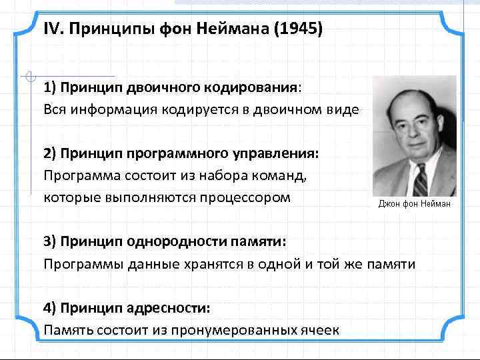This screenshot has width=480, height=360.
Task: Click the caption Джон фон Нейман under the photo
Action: click(414, 203)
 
